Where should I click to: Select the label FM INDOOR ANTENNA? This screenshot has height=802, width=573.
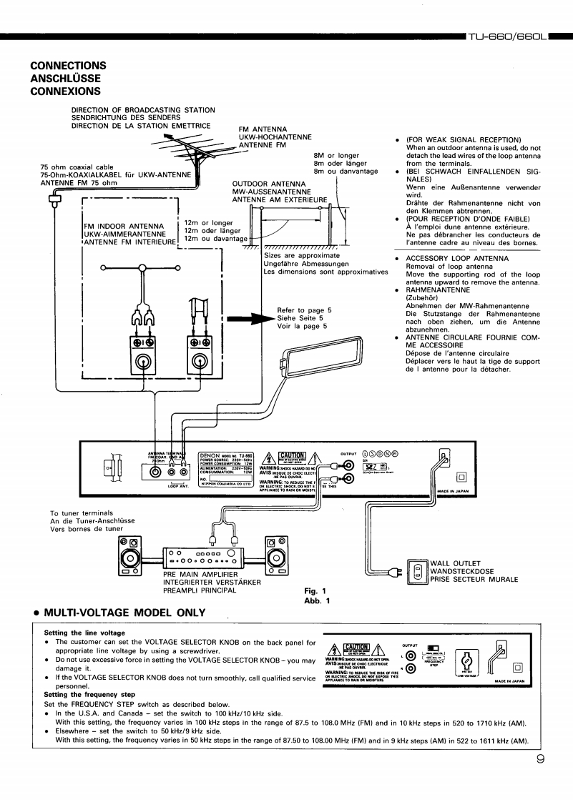(126, 229)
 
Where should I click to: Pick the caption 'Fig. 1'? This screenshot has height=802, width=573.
(315, 591)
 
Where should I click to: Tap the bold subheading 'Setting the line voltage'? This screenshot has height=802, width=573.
(84, 633)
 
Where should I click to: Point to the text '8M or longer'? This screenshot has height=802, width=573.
(336, 155)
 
